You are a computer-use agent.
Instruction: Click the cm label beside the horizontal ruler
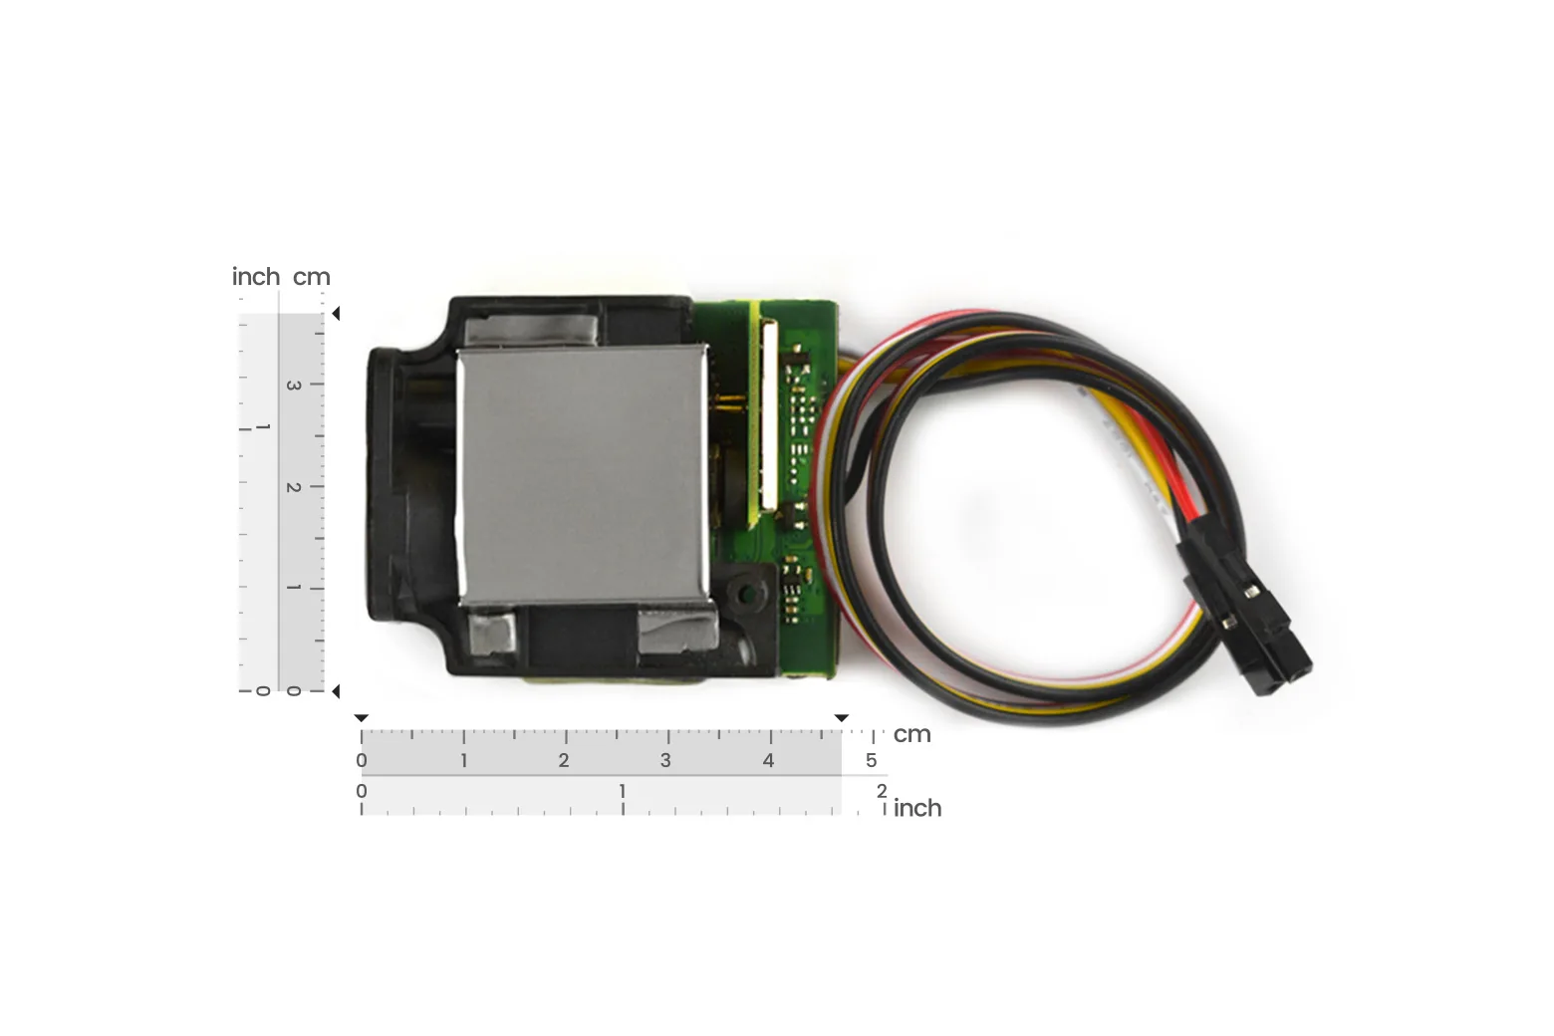click(x=911, y=734)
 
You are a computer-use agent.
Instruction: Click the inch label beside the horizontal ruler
click(x=917, y=808)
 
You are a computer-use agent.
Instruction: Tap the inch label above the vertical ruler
click(x=256, y=276)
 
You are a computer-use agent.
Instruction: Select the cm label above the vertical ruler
click(x=312, y=277)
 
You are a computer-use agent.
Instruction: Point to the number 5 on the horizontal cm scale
click(x=872, y=760)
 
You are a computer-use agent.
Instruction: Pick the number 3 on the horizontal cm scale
click(x=665, y=760)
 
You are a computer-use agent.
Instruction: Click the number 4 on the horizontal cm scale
click(x=768, y=760)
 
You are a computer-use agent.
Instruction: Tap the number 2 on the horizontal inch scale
click(x=881, y=791)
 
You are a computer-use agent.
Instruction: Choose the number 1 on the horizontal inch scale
click(x=623, y=791)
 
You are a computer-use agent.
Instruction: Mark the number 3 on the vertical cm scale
click(x=294, y=386)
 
